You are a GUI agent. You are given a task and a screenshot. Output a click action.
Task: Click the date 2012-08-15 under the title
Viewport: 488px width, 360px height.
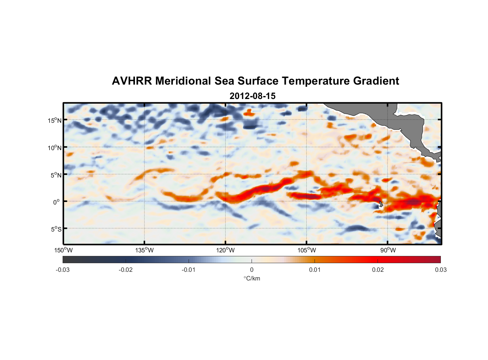click(252, 96)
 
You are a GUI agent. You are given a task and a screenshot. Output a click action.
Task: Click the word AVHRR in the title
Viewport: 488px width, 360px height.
click(131, 81)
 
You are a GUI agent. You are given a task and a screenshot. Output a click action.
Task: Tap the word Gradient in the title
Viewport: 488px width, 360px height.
click(376, 81)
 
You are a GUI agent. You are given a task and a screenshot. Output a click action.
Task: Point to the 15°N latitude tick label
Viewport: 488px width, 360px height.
click(55, 120)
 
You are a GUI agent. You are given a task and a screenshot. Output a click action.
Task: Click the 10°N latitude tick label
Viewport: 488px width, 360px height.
click(55, 148)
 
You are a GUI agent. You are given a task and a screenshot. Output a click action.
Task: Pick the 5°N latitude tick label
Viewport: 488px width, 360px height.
click(56, 175)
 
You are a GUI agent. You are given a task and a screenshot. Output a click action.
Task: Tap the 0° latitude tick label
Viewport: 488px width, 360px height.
click(57, 202)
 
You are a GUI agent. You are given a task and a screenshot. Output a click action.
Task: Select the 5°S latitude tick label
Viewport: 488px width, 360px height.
click(56, 229)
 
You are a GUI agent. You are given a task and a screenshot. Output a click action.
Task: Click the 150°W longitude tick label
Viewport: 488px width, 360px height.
click(64, 250)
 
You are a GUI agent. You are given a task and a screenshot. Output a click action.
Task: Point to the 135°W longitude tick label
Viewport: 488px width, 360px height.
click(145, 250)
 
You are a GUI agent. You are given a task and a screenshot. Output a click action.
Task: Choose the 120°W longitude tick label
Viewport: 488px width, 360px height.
click(226, 250)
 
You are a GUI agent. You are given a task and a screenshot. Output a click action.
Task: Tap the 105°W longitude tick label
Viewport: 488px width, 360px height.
click(307, 250)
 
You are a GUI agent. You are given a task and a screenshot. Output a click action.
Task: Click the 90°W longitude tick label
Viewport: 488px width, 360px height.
click(388, 250)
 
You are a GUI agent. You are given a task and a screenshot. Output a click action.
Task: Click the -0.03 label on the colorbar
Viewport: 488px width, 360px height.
click(63, 270)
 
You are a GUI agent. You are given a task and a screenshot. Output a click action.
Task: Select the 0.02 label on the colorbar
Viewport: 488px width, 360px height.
click(378, 270)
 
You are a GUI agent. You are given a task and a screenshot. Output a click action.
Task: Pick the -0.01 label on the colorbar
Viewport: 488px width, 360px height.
click(189, 270)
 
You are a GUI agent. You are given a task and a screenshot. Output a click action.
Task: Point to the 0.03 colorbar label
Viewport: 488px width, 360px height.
click(441, 270)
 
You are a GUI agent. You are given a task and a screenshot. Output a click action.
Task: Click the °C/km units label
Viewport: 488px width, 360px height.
click(252, 278)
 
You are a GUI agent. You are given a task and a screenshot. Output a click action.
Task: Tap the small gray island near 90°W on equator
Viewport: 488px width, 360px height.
click(381, 204)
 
